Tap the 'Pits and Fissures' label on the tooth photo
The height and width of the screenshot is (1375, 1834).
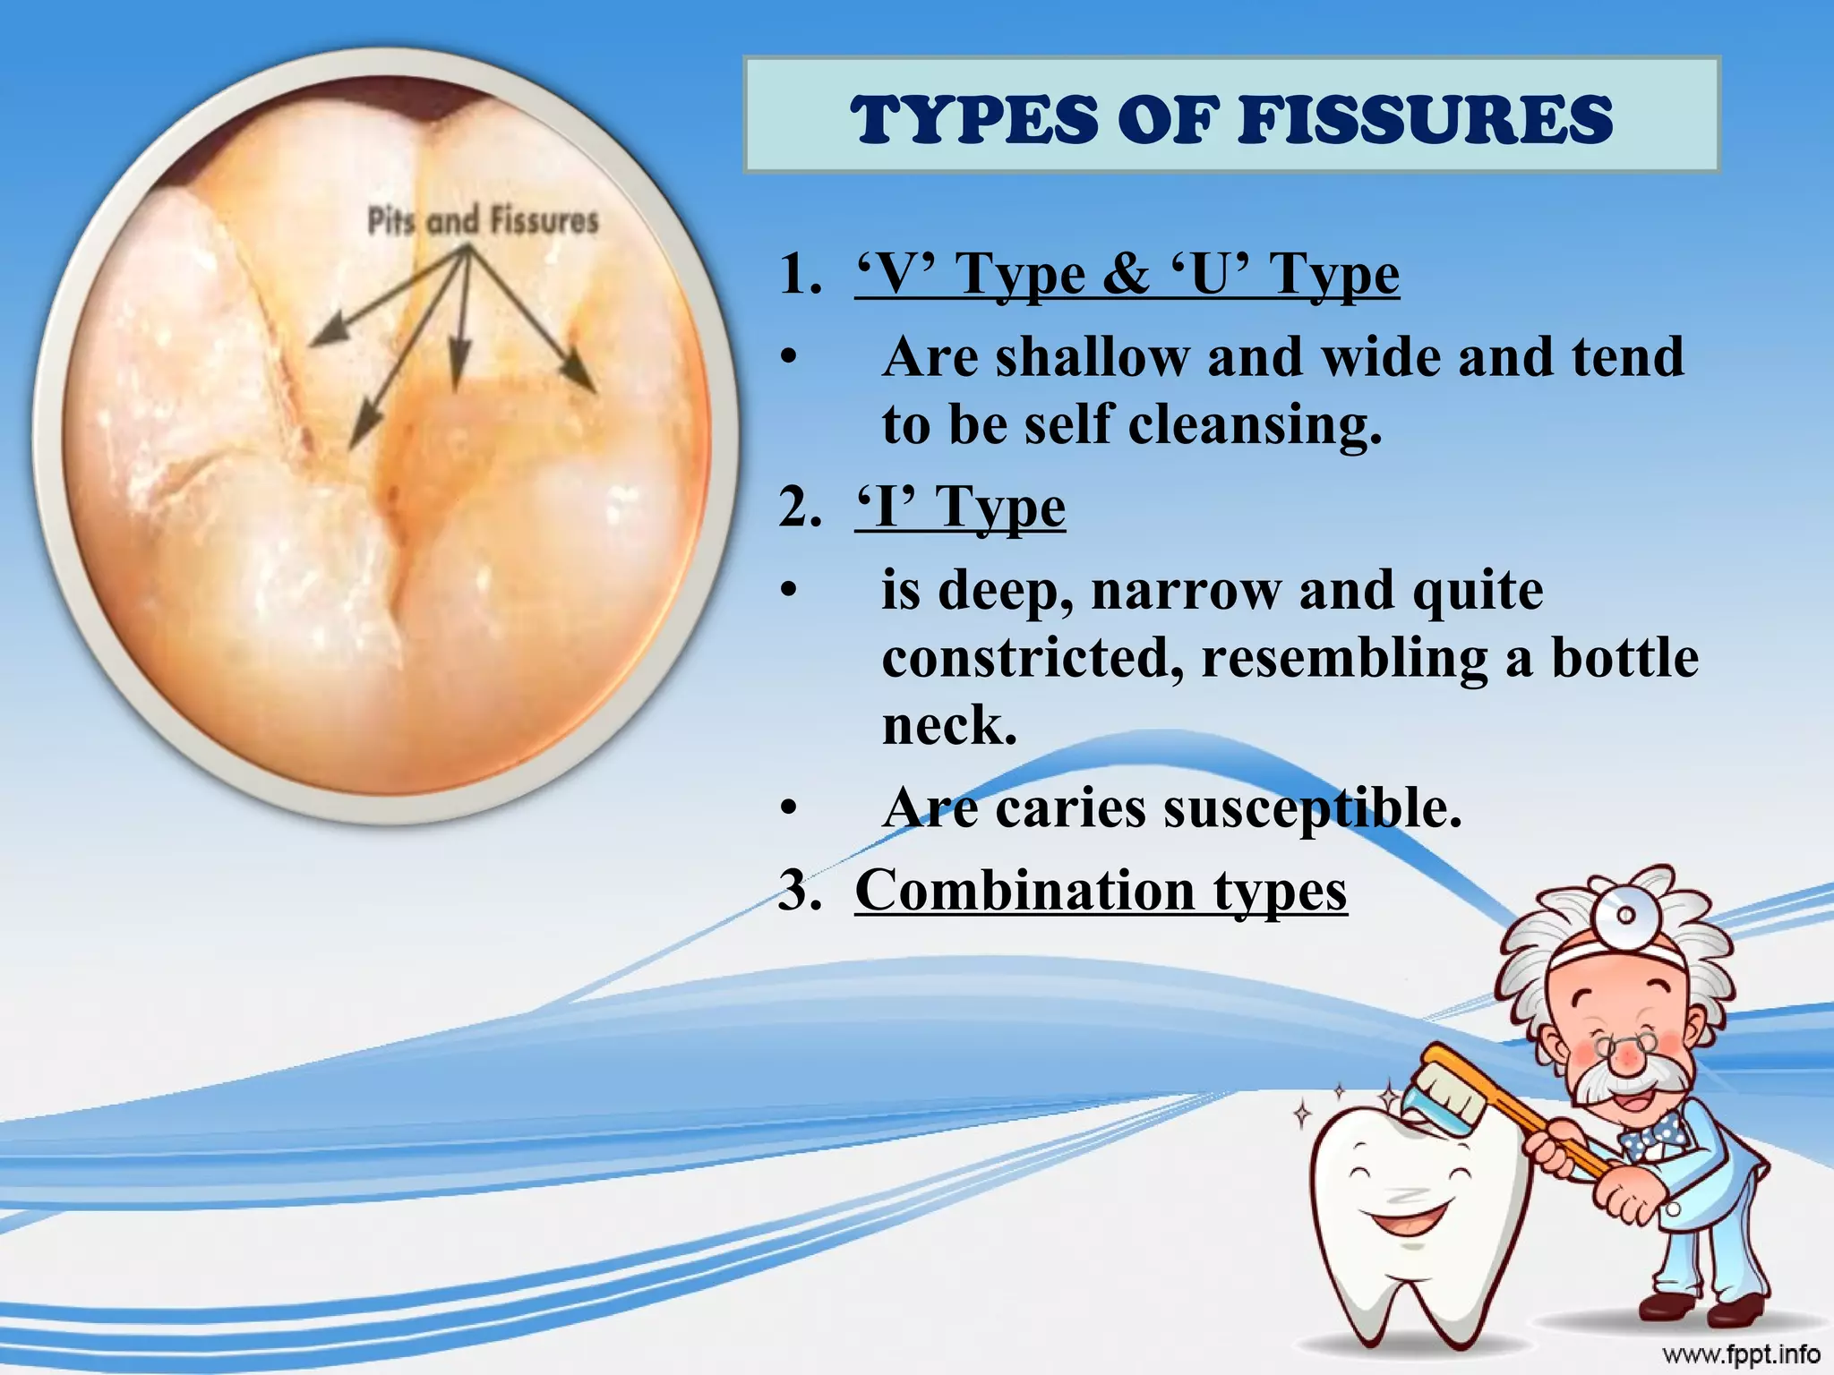483,220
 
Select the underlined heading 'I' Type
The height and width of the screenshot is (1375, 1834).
960,508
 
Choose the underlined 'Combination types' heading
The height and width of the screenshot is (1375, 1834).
1101,891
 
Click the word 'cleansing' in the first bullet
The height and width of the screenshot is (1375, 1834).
1254,424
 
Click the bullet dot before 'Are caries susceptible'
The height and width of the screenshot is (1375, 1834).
788,808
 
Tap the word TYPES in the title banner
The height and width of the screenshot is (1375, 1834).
977,121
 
